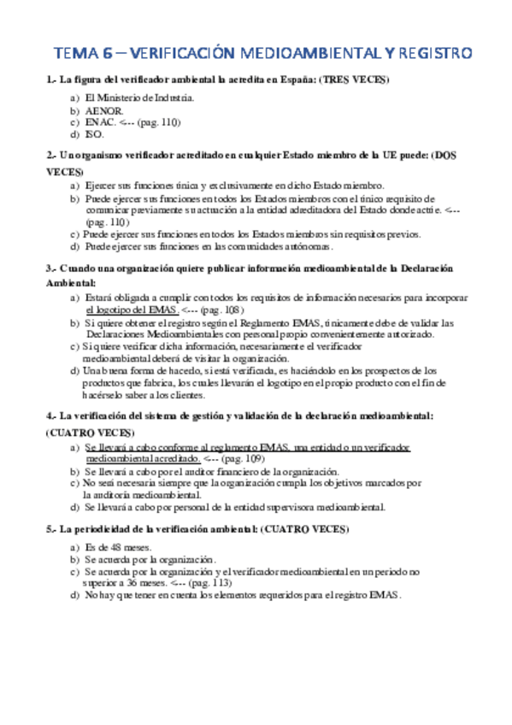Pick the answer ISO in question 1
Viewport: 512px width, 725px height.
click(x=93, y=134)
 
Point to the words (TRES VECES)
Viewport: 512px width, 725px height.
click(x=353, y=81)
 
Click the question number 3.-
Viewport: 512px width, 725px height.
click(x=50, y=268)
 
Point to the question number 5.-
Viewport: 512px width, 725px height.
click(x=50, y=530)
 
